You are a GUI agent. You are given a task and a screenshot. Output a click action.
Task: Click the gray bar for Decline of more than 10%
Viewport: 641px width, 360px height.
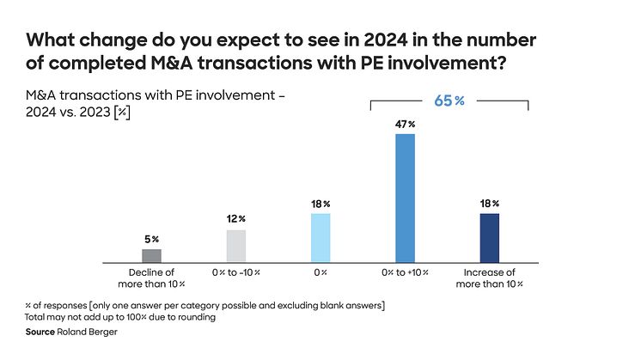[151, 255]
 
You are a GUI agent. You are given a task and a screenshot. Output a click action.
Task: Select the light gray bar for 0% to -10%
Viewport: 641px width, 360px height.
[235, 246]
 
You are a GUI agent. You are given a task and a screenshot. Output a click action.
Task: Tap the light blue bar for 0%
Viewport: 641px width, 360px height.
[320, 237]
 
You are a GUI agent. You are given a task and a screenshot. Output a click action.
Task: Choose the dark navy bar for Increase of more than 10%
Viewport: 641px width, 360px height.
[489, 237]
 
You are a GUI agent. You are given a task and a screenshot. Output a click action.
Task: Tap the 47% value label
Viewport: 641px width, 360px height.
[405, 125]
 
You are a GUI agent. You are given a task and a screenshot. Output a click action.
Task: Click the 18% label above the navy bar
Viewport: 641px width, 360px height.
[489, 204]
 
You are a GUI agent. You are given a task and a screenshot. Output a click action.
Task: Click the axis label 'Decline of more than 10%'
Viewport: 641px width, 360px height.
[151, 278]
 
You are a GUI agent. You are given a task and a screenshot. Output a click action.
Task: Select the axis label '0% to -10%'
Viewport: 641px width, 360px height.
[235, 272]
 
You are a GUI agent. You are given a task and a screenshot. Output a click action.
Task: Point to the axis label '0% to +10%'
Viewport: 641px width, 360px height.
[405, 272]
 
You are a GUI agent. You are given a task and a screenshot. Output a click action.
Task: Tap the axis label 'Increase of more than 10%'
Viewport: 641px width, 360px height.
[489, 278]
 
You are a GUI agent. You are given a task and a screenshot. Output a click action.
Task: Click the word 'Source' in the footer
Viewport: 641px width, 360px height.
[41, 332]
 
